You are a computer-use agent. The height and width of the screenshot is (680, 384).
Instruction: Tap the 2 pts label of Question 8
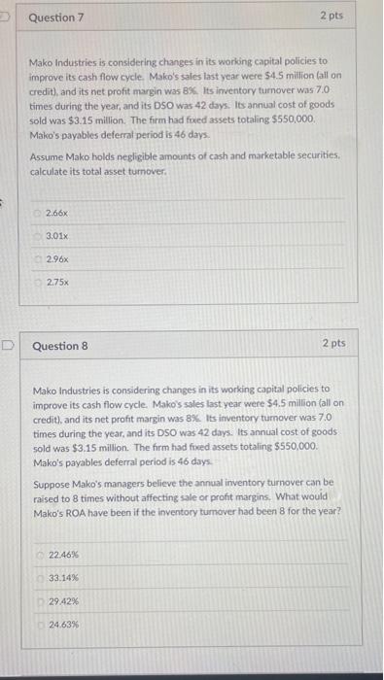[332, 344]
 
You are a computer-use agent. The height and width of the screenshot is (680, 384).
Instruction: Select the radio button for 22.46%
[40, 554]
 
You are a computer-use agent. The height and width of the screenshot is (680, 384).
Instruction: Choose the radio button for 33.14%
[40, 578]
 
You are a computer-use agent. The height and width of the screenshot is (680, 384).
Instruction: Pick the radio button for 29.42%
[40, 601]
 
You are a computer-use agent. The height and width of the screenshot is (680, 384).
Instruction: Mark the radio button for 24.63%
[40, 625]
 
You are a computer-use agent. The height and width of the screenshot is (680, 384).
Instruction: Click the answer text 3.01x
[57, 235]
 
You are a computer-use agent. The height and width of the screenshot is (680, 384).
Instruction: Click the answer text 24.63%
[63, 625]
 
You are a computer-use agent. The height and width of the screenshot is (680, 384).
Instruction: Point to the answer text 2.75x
[57, 283]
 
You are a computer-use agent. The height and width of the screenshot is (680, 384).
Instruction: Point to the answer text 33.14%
[63, 578]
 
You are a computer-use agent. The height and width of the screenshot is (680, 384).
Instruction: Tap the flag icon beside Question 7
[5, 16]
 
